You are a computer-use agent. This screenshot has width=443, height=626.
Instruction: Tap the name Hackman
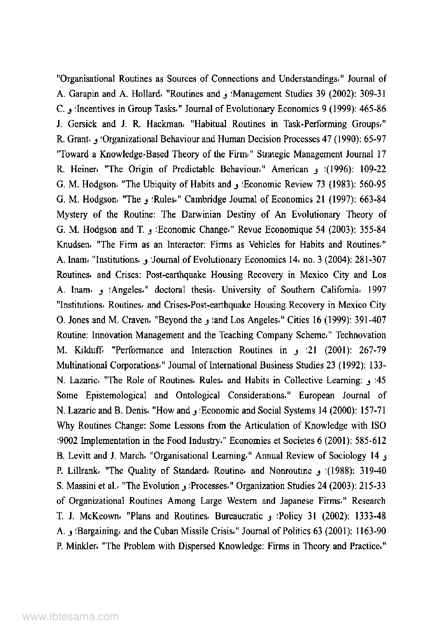[158, 124]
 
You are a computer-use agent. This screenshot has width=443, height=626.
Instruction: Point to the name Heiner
[79, 170]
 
